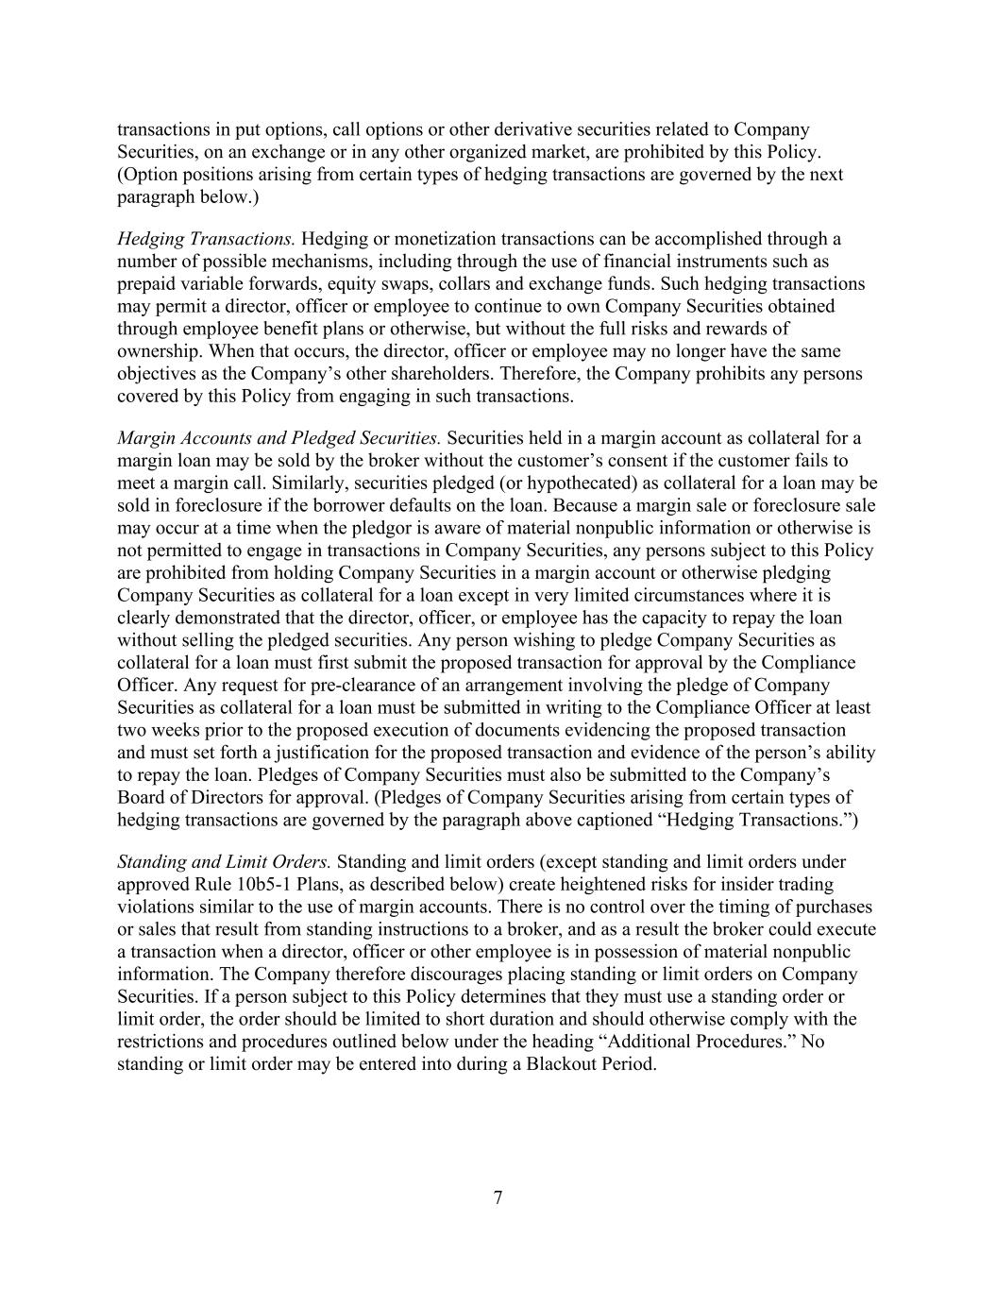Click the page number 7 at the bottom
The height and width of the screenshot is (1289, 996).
(498, 1198)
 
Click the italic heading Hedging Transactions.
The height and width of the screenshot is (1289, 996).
(206, 239)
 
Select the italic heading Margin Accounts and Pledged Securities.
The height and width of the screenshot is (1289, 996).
(279, 438)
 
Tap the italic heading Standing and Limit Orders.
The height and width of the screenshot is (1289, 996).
(224, 862)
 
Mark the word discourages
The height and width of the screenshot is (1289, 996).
(404, 975)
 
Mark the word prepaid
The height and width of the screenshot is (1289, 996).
(148, 284)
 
